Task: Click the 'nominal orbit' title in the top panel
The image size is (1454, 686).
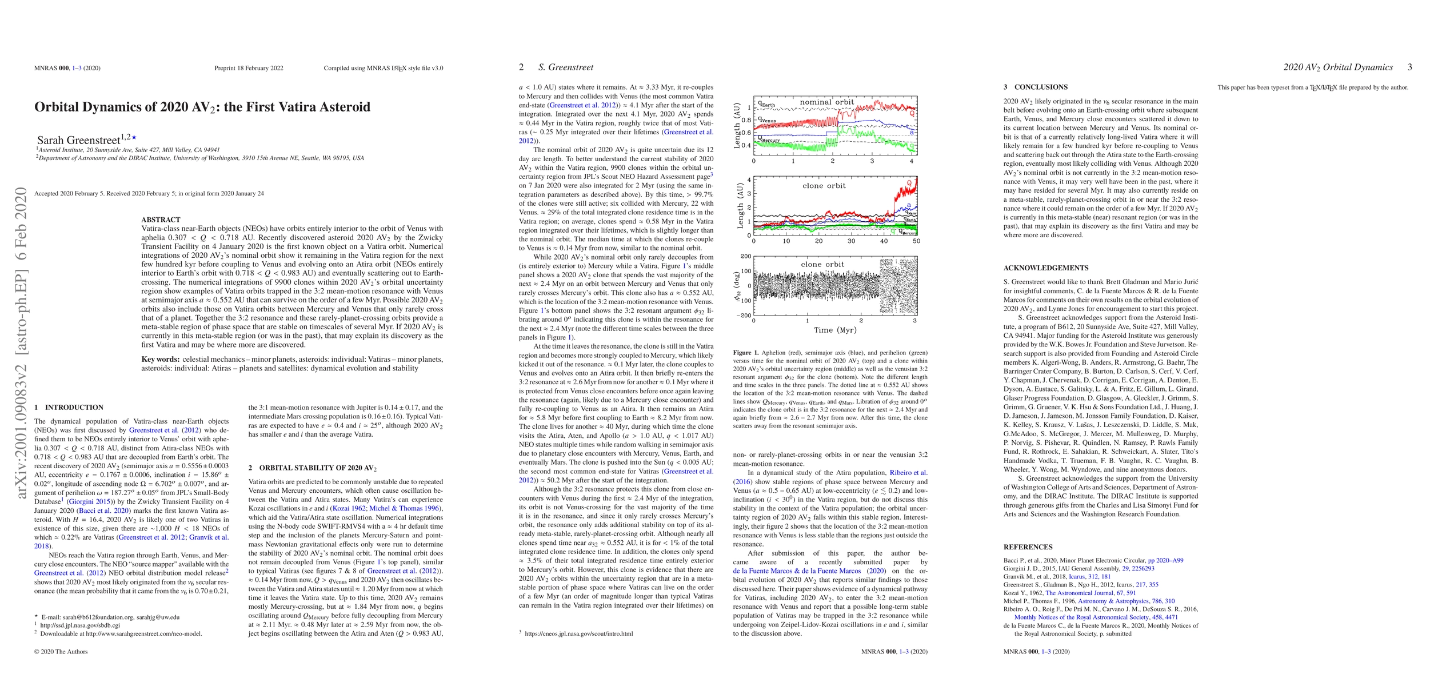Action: pos(826,102)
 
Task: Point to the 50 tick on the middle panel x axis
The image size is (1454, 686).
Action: pos(916,241)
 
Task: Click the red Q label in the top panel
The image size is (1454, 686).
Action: pos(912,113)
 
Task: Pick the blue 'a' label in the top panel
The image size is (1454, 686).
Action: pos(912,132)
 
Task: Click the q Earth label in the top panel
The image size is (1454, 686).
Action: pos(766,105)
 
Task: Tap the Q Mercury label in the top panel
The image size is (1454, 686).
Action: pos(769,139)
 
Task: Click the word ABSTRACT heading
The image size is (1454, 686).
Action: pos(161,220)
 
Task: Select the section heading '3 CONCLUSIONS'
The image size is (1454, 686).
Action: pos(1035,87)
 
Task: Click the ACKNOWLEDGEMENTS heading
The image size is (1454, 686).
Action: pos(1046,268)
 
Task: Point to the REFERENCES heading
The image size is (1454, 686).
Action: pos(1028,547)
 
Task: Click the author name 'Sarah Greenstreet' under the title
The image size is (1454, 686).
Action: pos(78,139)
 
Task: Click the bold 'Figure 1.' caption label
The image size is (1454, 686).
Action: pos(746,353)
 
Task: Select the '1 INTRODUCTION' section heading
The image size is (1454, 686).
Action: pos(69,408)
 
